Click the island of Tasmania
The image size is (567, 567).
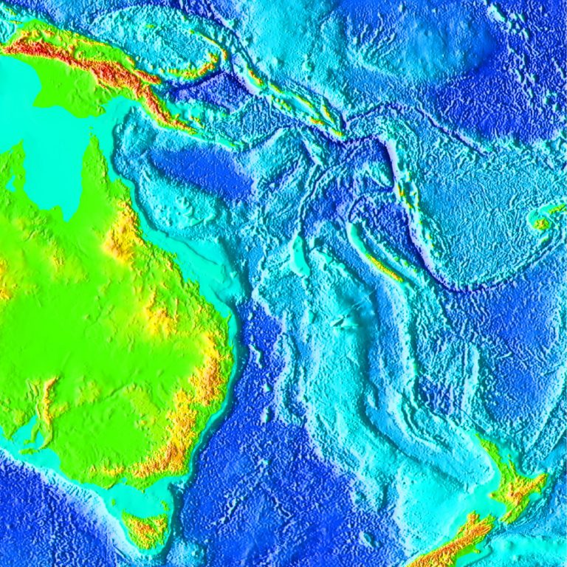(x=145, y=529)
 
